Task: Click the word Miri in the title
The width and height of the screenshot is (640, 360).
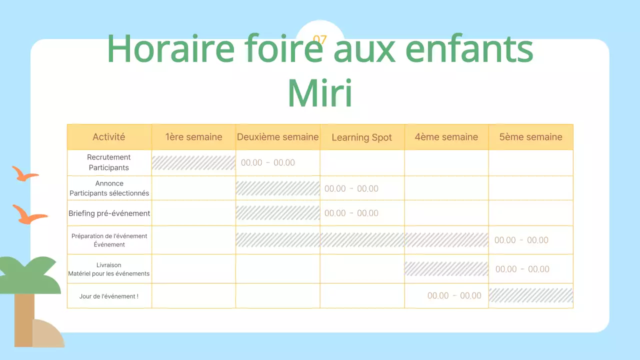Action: coord(320,93)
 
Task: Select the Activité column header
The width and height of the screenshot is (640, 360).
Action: coord(109,137)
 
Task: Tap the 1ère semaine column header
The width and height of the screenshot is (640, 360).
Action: coord(193,137)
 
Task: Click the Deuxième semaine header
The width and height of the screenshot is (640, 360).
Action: coord(277,137)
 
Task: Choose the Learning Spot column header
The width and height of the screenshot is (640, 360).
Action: coord(361,137)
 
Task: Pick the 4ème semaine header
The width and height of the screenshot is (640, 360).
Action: coord(446,137)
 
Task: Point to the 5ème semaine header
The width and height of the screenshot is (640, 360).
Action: coord(530,137)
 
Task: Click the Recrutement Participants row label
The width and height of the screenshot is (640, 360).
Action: coord(109,162)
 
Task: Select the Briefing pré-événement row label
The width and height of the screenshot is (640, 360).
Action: coord(109,213)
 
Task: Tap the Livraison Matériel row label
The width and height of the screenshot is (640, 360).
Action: coord(109,269)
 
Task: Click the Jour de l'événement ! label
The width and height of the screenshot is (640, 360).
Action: coord(109,296)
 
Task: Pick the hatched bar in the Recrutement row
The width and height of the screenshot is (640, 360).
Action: coord(193,163)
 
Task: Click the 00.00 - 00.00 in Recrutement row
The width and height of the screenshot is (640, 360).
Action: coord(268,163)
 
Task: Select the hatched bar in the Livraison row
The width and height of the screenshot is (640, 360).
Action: coord(446,269)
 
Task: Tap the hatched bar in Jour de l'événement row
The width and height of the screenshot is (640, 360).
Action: coord(530,295)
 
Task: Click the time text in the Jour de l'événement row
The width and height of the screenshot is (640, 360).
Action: coord(454,296)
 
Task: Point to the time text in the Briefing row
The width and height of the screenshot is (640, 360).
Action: coord(351,213)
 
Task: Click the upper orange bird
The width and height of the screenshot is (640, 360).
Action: coord(24,174)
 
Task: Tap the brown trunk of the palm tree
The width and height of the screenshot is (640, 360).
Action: coord(23,320)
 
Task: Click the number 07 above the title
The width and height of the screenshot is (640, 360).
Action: coord(320,39)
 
